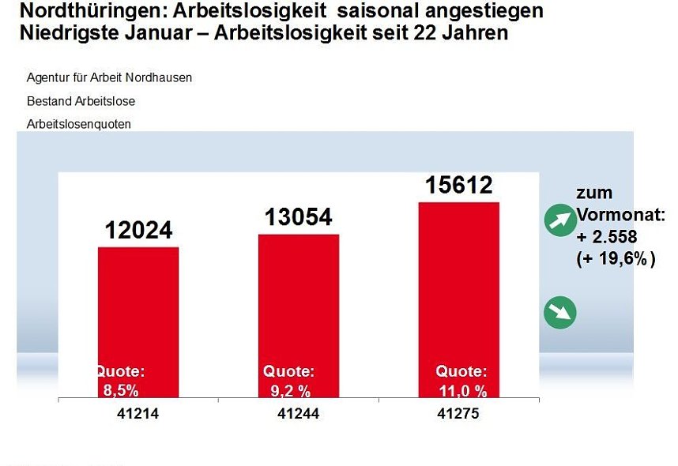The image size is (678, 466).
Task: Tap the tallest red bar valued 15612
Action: tap(459, 292)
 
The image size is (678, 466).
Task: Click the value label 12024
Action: tap(138, 230)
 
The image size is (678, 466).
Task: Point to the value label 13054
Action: tap(298, 216)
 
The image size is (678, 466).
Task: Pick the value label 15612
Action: tap(459, 185)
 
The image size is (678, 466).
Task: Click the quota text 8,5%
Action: tap(121, 389)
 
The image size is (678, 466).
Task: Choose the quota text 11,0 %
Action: tap(461, 389)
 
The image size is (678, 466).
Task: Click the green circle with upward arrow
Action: tap(560, 220)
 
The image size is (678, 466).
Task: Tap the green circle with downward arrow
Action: tap(560, 314)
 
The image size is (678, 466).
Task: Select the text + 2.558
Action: tap(607, 237)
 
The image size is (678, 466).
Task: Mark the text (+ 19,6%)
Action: tap(616, 258)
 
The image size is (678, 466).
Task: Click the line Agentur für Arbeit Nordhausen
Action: tap(109, 78)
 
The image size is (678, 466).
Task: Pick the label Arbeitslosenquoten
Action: tap(79, 124)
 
